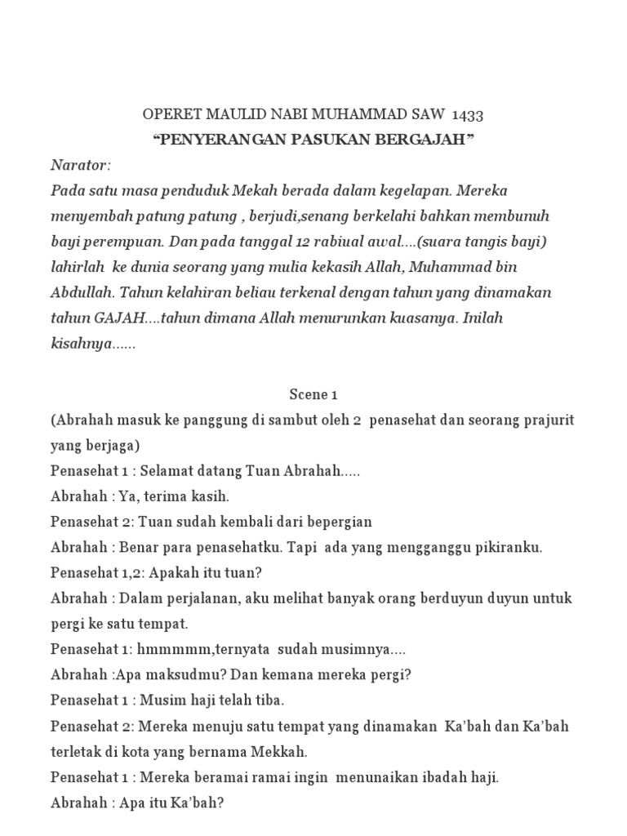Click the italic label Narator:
(x=80, y=165)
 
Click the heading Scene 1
(x=313, y=395)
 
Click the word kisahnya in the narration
(x=80, y=344)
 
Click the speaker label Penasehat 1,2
(x=91, y=572)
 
